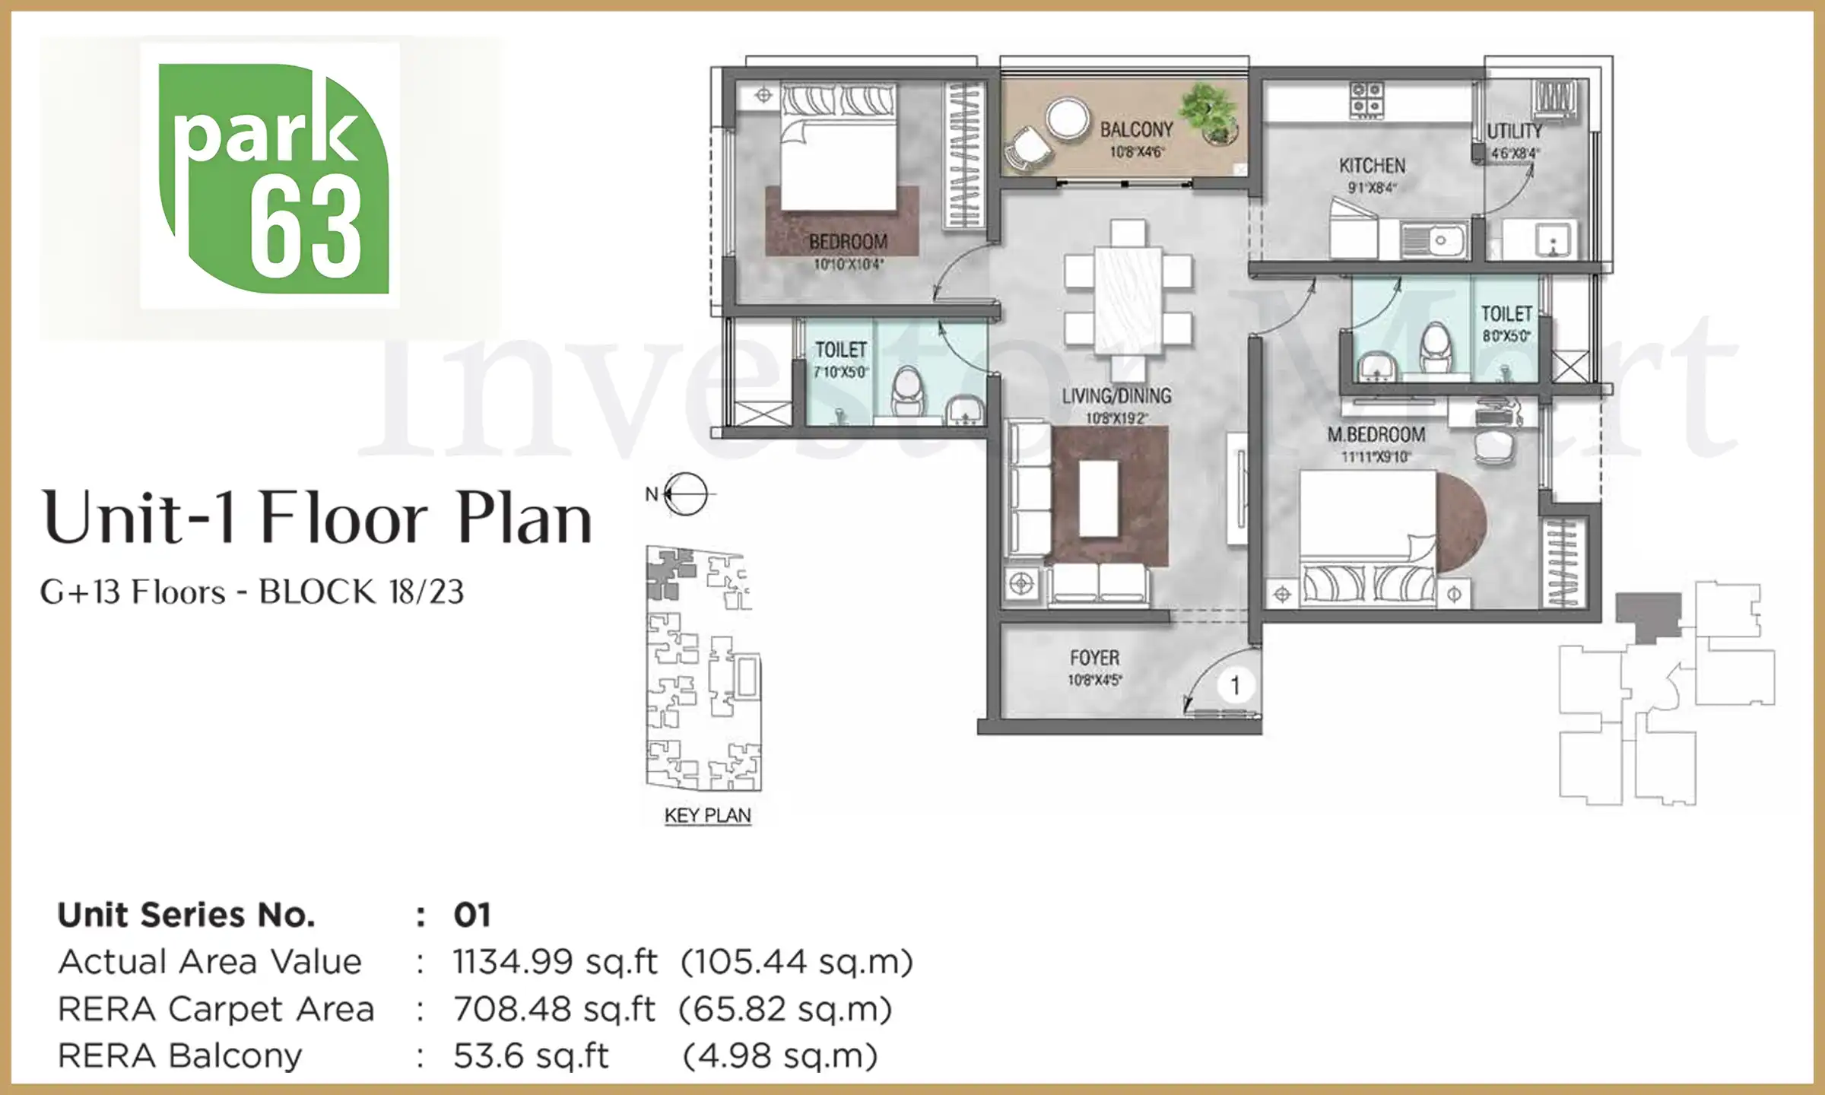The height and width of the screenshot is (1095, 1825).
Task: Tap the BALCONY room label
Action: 1136,129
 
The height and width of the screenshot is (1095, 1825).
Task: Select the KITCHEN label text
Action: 1372,166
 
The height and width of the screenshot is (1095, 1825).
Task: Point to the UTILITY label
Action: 1514,132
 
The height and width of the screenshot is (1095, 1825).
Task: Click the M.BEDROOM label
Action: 1376,435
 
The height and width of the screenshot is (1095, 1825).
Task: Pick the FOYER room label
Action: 1094,658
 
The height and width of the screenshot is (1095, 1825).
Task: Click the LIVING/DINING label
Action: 1116,396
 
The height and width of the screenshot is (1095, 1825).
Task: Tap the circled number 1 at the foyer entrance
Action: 1235,686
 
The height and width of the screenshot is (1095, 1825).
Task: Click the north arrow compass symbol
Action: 684,494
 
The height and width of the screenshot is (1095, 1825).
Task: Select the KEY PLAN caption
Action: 707,816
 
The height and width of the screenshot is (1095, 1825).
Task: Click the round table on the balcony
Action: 1069,120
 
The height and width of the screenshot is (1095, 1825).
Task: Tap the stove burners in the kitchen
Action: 1366,100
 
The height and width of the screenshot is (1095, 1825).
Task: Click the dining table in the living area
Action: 1128,300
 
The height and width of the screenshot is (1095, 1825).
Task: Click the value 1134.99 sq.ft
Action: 554,962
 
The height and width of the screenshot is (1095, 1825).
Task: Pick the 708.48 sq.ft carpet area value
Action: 554,1010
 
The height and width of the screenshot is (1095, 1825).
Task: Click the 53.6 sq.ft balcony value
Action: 530,1056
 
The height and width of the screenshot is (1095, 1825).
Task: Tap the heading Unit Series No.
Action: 186,915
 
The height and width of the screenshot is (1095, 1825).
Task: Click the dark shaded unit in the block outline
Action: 1648,616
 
